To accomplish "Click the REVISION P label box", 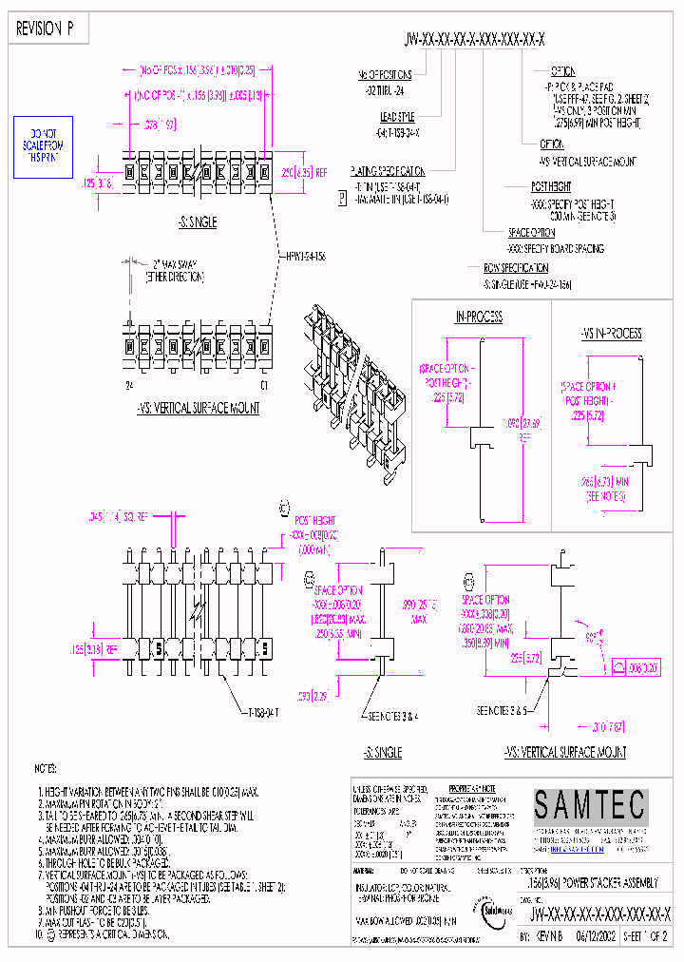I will point(47,29).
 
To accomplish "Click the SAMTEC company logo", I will point(589,806).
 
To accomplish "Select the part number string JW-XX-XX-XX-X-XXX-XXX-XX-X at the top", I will point(474,38).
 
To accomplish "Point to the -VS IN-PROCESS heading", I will point(611,333).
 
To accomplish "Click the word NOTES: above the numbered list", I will point(47,767).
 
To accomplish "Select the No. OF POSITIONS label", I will point(385,74).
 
